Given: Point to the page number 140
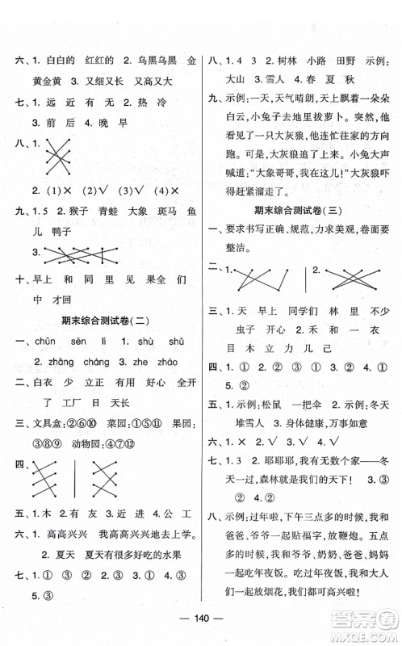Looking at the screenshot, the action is [x=201, y=627].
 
